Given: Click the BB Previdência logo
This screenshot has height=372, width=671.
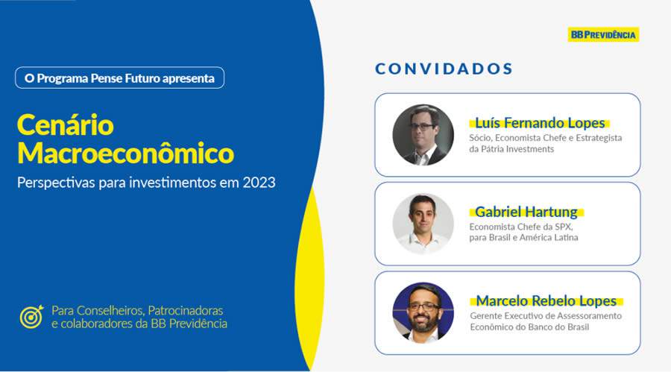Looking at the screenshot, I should coord(603,34).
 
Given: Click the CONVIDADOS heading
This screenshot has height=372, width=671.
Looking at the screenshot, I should coord(444,69).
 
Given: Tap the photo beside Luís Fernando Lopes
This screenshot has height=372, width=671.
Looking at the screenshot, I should coord(423,135).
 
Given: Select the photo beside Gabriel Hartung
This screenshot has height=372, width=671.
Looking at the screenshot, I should coord(423,224).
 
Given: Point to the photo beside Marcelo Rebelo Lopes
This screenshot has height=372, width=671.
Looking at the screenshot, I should coord(423,312).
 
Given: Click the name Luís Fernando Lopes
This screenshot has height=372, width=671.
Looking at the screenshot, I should coord(537,123).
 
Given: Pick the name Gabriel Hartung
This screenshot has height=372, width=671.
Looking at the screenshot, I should coord(526,212).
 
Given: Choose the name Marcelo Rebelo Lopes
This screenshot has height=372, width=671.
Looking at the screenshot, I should coord(546,301).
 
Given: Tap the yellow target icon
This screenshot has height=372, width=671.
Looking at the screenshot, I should coord(31,317).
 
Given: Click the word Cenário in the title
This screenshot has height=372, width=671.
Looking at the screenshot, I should coord(65,124).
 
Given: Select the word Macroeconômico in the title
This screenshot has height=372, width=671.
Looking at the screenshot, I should coord(125,153).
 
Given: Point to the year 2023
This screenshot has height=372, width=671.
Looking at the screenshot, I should coord(259,182).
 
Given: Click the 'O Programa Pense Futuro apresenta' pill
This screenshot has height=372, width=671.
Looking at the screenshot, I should coord(119,78).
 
